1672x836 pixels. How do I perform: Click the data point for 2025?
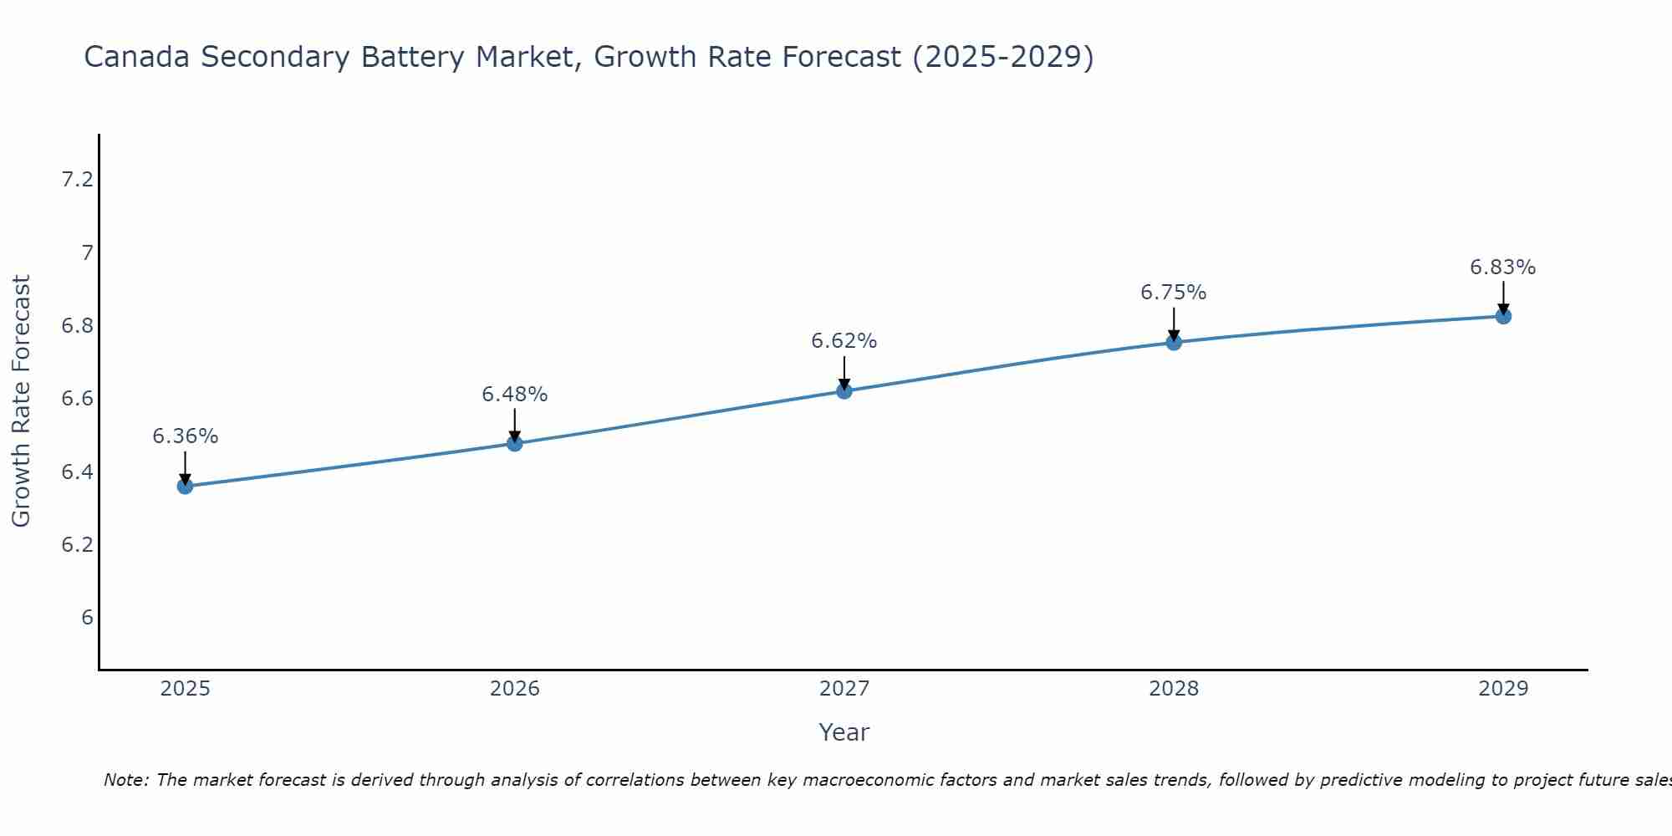(185, 486)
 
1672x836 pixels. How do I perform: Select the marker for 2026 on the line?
(515, 443)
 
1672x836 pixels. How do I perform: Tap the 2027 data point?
(844, 390)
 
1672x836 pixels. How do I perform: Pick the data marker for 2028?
(1174, 342)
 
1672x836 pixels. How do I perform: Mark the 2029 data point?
(1503, 316)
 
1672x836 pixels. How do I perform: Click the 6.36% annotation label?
(185, 436)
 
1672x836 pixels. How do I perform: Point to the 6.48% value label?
(515, 395)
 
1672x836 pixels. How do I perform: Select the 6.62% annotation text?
(844, 341)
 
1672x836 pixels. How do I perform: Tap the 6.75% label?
(1174, 293)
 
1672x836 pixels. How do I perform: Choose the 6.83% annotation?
(1503, 268)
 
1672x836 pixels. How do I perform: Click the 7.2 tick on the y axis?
(77, 179)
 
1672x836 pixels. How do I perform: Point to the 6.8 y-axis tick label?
(77, 325)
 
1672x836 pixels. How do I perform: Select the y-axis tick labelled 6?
(87, 618)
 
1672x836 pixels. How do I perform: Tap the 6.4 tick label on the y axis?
(77, 472)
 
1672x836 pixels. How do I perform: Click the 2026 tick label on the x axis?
(515, 689)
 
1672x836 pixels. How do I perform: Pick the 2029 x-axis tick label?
(1503, 689)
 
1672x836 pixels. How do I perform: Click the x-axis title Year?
(844, 732)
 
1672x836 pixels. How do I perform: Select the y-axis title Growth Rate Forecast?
(21, 400)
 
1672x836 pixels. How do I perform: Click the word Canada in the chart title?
(138, 57)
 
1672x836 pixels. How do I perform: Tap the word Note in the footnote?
(125, 780)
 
